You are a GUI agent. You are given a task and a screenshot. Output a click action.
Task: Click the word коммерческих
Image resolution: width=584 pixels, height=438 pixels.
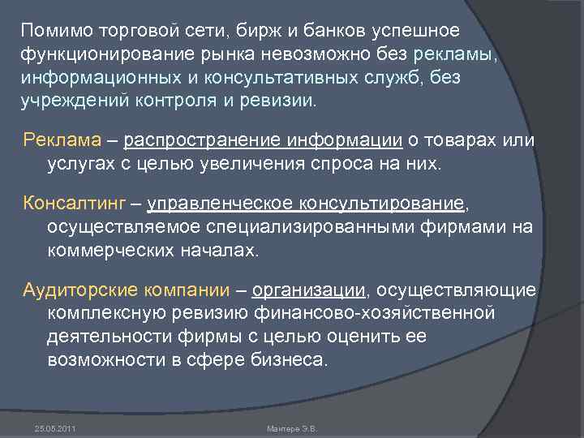coord(112,250)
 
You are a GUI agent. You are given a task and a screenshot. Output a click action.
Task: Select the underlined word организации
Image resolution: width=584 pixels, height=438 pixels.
coord(310,289)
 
